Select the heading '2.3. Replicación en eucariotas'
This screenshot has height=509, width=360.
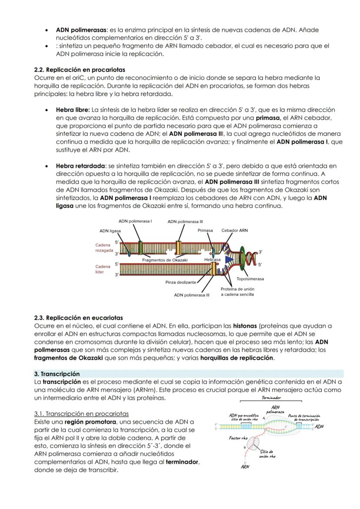pos(78,318)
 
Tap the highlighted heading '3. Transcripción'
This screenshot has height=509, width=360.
pos(57,374)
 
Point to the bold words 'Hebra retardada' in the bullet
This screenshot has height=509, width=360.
pos(80,166)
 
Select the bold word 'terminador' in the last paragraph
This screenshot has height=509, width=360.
pos(182,462)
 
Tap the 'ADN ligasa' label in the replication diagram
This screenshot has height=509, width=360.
pos(110,231)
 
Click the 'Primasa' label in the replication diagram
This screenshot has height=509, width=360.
pos(205,230)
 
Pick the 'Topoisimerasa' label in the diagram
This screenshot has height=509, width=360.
pos(250,279)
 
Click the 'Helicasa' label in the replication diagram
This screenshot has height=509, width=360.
pos(212,259)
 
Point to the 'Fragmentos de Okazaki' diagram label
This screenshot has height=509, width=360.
pos(165,260)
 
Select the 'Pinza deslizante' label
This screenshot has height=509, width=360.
pos(181,282)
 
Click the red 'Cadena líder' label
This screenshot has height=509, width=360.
pos(103,269)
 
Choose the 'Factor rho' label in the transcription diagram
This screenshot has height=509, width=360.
pos(238,438)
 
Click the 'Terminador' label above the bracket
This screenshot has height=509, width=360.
pos(271,398)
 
